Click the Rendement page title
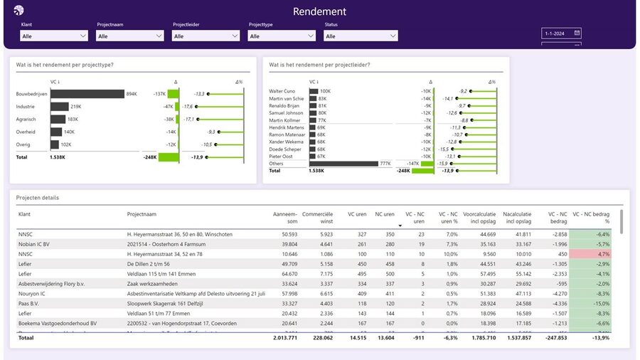tap(319, 11)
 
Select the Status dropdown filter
tap(361, 36)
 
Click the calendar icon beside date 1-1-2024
tap(577, 33)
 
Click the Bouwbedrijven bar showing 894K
tap(87, 94)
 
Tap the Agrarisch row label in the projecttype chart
tap(26, 120)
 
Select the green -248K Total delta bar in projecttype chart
tap(169, 157)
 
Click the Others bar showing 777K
tap(343, 164)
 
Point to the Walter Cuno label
tap(282, 91)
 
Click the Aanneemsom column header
tap(284, 216)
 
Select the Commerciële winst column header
tap(317, 216)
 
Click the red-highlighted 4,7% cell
tap(592, 254)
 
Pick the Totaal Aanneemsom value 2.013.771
tap(283, 338)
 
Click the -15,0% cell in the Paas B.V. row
tap(592, 303)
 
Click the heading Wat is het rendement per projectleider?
tap(319, 65)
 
